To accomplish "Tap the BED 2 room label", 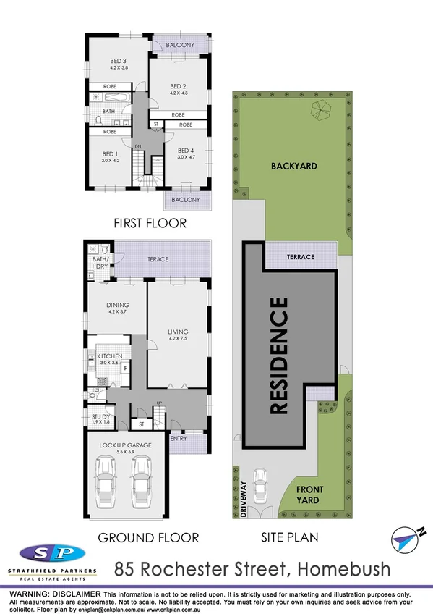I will (178, 85).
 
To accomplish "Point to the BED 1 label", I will (109, 153).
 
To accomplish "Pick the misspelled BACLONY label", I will (187, 200).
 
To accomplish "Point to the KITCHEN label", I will (113, 356).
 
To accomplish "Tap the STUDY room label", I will (100, 417).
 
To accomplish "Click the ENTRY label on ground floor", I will (179, 438).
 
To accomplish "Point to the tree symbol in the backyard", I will (319, 110).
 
